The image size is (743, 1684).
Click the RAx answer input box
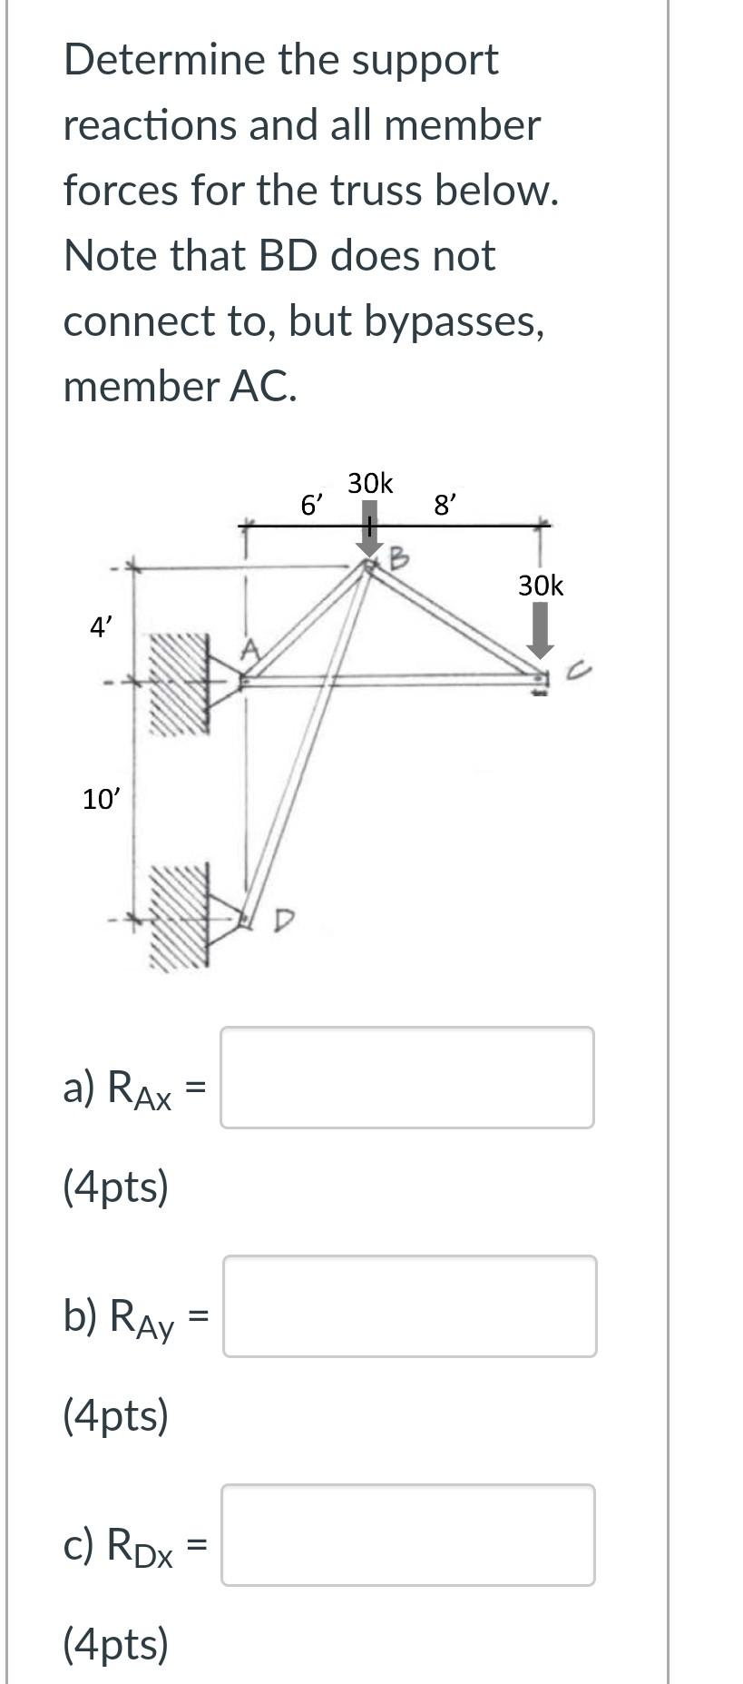(x=406, y=1078)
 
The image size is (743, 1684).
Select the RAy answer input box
(x=409, y=1306)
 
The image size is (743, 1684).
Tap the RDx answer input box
(x=407, y=1535)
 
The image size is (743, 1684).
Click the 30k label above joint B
(x=370, y=484)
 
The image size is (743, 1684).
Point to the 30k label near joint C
(x=541, y=586)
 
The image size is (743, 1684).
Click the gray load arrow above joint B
(x=369, y=532)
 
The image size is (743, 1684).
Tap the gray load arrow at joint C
(x=541, y=630)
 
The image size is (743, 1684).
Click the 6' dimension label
(x=311, y=504)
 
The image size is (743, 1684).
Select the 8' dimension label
(x=445, y=504)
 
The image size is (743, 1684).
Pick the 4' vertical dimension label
(x=101, y=625)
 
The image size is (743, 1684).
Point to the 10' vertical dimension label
(x=100, y=799)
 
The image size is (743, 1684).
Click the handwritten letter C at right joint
(x=581, y=672)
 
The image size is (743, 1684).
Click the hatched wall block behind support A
(x=179, y=683)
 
